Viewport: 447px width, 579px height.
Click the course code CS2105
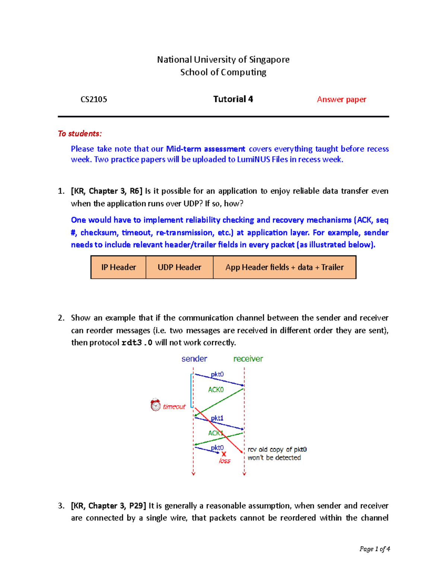tap(94, 100)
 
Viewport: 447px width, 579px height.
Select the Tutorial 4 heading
tap(233, 99)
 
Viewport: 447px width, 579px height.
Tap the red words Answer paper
tap(341, 100)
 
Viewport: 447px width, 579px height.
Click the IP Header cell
tap(118, 267)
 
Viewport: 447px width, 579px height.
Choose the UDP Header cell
tap(179, 267)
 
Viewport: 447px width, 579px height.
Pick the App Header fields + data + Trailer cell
tap(284, 267)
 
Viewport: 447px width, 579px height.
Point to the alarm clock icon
tap(155, 405)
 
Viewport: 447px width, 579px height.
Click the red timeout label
tap(174, 407)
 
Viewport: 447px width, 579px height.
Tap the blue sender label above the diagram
tap(194, 359)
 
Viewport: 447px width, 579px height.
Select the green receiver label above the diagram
tap(248, 359)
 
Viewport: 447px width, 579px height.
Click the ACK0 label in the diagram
tap(216, 390)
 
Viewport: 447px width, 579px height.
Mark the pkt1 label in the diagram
tap(217, 418)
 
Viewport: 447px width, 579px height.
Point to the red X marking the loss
tap(224, 454)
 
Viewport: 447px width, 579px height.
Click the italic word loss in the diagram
tap(225, 461)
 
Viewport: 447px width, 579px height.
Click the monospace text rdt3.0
tap(137, 343)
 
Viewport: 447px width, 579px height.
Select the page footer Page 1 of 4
tap(374, 549)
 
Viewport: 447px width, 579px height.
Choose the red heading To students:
tap(80, 133)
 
